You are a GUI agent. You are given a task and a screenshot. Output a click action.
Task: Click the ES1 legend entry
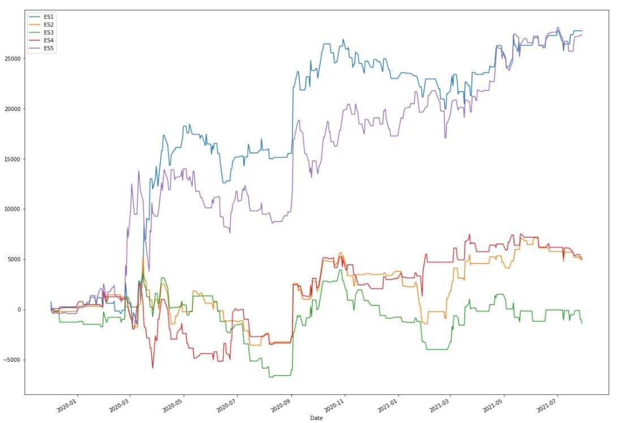[x=48, y=17]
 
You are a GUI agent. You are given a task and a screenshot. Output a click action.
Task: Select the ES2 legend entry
[x=48, y=25]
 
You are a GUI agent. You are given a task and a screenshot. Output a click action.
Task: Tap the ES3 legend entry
[x=48, y=33]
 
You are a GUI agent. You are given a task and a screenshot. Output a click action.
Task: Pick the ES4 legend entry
[x=48, y=41]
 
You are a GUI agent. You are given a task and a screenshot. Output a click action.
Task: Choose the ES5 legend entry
[x=48, y=49]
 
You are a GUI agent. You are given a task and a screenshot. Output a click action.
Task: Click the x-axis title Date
[x=316, y=418]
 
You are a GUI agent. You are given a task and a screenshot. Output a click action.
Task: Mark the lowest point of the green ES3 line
[x=271, y=377]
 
